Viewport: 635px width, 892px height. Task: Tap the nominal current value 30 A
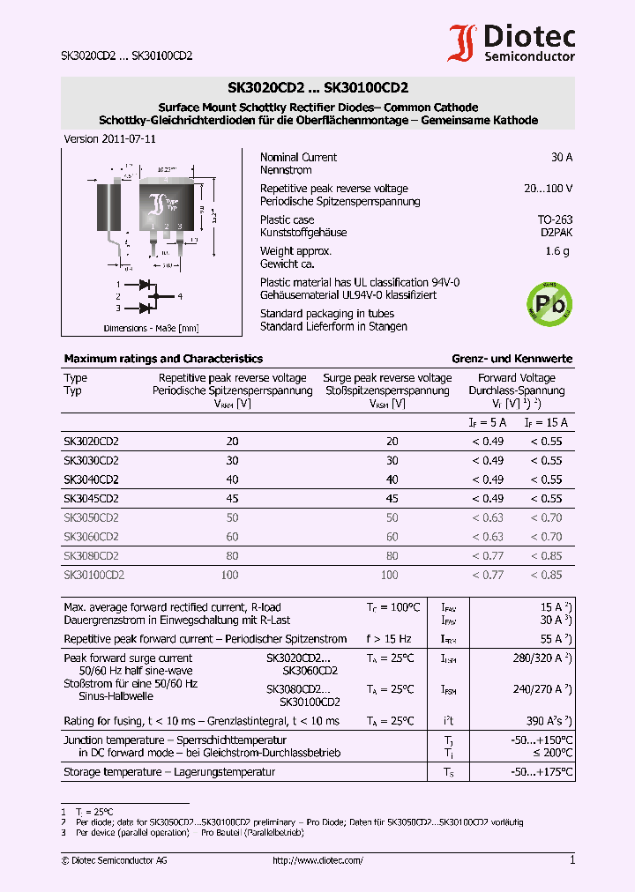(x=561, y=157)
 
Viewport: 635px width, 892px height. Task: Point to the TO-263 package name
(x=555, y=219)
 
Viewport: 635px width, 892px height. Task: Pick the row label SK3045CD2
(x=91, y=498)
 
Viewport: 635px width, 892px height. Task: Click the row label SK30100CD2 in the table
(x=93, y=575)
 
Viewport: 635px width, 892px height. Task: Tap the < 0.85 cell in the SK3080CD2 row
(x=545, y=555)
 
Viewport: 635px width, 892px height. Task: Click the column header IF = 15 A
(x=546, y=423)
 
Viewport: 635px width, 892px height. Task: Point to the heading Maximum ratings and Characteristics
(x=163, y=359)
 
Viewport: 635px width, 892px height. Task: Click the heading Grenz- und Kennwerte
(x=512, y=359)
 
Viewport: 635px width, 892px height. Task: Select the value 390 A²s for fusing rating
(x=549, y=721)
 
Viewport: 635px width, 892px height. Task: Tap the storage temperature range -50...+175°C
(x=542, y=772)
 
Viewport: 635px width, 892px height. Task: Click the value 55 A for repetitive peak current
(x=554, y=638)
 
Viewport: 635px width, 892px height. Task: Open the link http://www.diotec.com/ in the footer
(x=317, y=860)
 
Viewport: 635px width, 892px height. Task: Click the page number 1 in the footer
(x=571, y=860)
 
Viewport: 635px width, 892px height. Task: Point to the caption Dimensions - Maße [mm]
(x=151, y=329)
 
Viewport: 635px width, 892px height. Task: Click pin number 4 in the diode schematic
(x=179, y=296)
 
